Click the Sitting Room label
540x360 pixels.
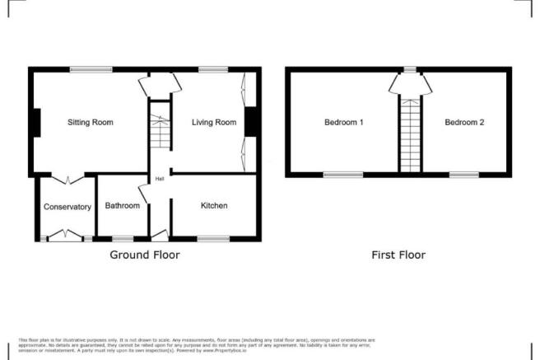90,123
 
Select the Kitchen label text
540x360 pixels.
214,205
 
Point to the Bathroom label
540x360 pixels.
122,206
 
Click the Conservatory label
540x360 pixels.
67,207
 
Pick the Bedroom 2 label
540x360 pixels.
464,123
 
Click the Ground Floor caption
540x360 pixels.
145,255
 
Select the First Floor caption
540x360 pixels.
398,255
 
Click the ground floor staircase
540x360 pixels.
159,131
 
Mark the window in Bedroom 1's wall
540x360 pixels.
342,175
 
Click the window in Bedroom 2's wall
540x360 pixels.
463,175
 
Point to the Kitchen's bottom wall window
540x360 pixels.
212,239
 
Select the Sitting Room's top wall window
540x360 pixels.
91,69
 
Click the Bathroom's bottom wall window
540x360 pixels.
122,239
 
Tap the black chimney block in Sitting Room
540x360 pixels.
35,124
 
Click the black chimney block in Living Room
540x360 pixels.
248,123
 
